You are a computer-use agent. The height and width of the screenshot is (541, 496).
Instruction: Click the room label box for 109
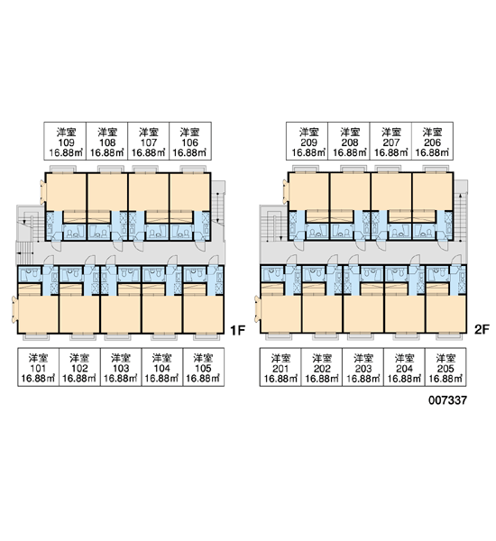(x=65, y=141)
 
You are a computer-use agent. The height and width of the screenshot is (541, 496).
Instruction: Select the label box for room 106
(x=190, y=141)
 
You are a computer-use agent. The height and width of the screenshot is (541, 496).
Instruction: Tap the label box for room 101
(x=38, y=367)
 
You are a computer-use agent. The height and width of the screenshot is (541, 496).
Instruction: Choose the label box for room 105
(x=203, y=367)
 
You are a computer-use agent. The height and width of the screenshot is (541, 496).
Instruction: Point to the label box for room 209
(x=308, y=141)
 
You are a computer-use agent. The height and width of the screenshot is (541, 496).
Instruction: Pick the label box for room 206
(x=433, y=141)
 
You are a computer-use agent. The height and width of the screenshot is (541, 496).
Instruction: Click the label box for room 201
(x=280, y=367)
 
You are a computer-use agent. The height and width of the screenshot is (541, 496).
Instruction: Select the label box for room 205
(x=445, y=367)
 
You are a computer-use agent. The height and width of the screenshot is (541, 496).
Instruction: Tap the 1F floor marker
(x=237, y=331)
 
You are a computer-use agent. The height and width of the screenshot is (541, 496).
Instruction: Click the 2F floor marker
(x=482, y=329)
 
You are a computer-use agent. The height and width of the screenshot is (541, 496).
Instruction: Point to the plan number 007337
(x=447, y=400)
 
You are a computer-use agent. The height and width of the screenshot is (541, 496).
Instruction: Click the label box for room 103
(x=121, y=367)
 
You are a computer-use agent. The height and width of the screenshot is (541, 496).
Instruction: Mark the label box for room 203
(x=363, y=367)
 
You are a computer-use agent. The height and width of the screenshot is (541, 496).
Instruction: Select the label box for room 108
(x=107, y=141)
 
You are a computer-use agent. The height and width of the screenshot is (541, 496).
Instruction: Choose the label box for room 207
(x=390, y=141)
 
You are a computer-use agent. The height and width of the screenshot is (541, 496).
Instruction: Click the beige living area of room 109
(x=66, y=192)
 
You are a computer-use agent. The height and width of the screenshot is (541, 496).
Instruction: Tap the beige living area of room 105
(x=203, y=313)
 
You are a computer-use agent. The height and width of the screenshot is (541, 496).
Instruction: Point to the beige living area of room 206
(x=433, y=192)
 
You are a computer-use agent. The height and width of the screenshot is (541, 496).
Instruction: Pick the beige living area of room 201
(x=281, y=313)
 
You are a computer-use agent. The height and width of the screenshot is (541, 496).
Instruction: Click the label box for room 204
(x=405, y=367)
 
